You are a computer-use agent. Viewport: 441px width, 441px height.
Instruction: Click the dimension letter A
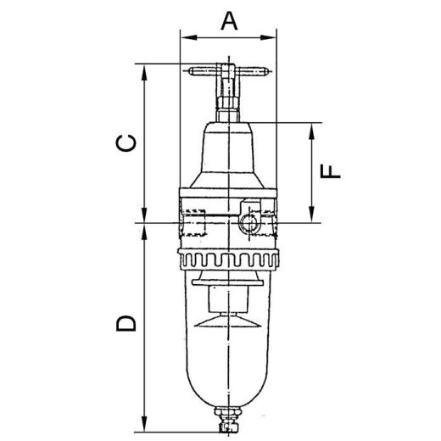(x=229, y=21)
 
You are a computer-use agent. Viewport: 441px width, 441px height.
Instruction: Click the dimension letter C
(x=126, y=143)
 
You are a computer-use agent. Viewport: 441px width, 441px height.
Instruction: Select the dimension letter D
(x=126, y=323)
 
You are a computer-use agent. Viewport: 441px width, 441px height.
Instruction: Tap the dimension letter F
(x=330, y=171)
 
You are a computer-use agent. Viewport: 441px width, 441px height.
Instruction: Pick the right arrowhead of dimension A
(x=268, y=37)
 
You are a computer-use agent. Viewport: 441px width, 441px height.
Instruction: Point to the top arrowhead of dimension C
(x=144, y=72)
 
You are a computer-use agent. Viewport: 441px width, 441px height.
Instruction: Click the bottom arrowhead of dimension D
(x=144, y=423)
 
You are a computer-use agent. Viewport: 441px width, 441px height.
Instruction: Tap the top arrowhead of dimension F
(x=311, y=131)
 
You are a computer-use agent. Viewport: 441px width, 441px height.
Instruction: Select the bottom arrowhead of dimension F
(x=311, y=215)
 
